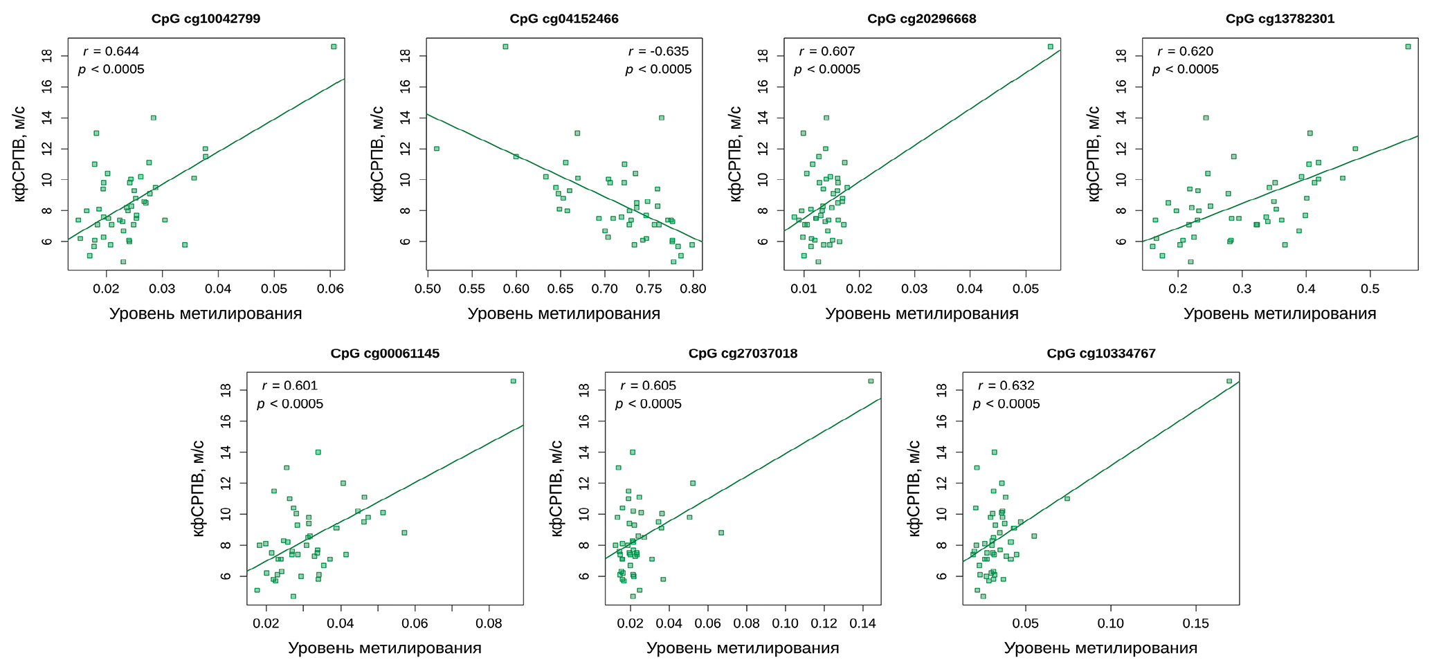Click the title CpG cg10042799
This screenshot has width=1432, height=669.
[206, 19]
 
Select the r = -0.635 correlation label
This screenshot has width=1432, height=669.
[658, 51]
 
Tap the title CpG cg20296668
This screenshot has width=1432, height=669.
[921, 19]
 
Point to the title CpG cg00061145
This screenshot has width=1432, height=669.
[385, 354]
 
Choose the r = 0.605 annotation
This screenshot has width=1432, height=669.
[648, 386]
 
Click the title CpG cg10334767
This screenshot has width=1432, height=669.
[1100, 354]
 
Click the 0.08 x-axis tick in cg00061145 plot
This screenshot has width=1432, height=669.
[489, 623]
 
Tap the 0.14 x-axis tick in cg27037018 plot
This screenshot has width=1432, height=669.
[862, 623]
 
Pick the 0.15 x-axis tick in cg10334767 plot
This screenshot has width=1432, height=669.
[1196, 623]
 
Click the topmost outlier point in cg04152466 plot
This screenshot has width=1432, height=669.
[505, 46]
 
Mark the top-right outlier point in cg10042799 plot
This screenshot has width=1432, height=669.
[334, 46]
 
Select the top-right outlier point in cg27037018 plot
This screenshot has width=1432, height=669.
[871, 381]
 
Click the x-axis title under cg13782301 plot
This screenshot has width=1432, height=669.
[1279, 313]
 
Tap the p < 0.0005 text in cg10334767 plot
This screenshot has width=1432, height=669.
[1006, 404]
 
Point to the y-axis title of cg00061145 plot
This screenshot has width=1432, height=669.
[199, 488]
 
